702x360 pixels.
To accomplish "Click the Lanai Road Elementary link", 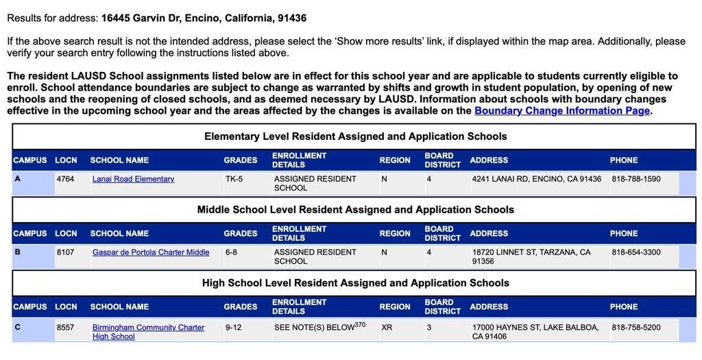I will tap(133, 179).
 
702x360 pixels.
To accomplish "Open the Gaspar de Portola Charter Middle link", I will tap(151, 252).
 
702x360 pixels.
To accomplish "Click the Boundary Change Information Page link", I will tap(561, 110).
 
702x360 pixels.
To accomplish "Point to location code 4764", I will tap(65, 179).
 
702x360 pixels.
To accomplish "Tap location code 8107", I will tap(65, 252).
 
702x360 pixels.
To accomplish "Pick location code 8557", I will tap(65, 328).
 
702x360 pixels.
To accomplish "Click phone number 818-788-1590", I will tap(636, 179).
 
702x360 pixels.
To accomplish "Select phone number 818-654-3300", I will tap(636, 252).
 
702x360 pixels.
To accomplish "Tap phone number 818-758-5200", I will tap(636, 328).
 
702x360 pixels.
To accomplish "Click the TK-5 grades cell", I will tap(234, 179).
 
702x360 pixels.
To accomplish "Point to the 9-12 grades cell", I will tap(233, 328).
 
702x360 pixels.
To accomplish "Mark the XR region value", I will tap(387, 328).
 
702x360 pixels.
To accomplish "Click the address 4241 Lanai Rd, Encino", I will tap(536, 179).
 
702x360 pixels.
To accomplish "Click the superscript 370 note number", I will tap(360, 325).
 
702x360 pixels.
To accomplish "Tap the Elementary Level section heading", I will tap(355, 136).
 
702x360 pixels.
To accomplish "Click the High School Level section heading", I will tap(355, 283).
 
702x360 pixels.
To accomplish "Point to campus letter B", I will tap(17, 252).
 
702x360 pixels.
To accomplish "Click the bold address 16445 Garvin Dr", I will tap(204, 18).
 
